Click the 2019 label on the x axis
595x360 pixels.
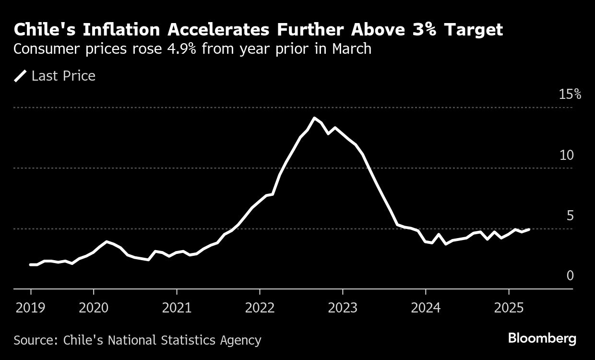tap(31, 308)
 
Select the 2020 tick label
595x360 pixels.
tap(94, 308)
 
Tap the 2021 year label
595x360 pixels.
tap(177, 308)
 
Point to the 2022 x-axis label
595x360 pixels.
tap(260, 308)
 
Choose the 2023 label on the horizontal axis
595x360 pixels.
tap(343, 308)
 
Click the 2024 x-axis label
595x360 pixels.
tap(426, 308)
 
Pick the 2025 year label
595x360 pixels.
tap(509, 308)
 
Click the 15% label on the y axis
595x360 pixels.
tap(570, 94)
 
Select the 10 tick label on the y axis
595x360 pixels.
tap(567, 155)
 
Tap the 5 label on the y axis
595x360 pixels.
tap(570, 216)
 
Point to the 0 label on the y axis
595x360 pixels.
tap(570, 276)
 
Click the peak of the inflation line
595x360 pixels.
tap(314, 118)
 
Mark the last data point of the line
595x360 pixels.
tap(529, 229)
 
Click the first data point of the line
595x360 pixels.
tap(31, 264)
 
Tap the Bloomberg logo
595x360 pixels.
tap(542, 338)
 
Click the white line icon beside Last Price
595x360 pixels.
tap(20, 76)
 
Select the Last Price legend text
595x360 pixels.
tap(63, 76)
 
